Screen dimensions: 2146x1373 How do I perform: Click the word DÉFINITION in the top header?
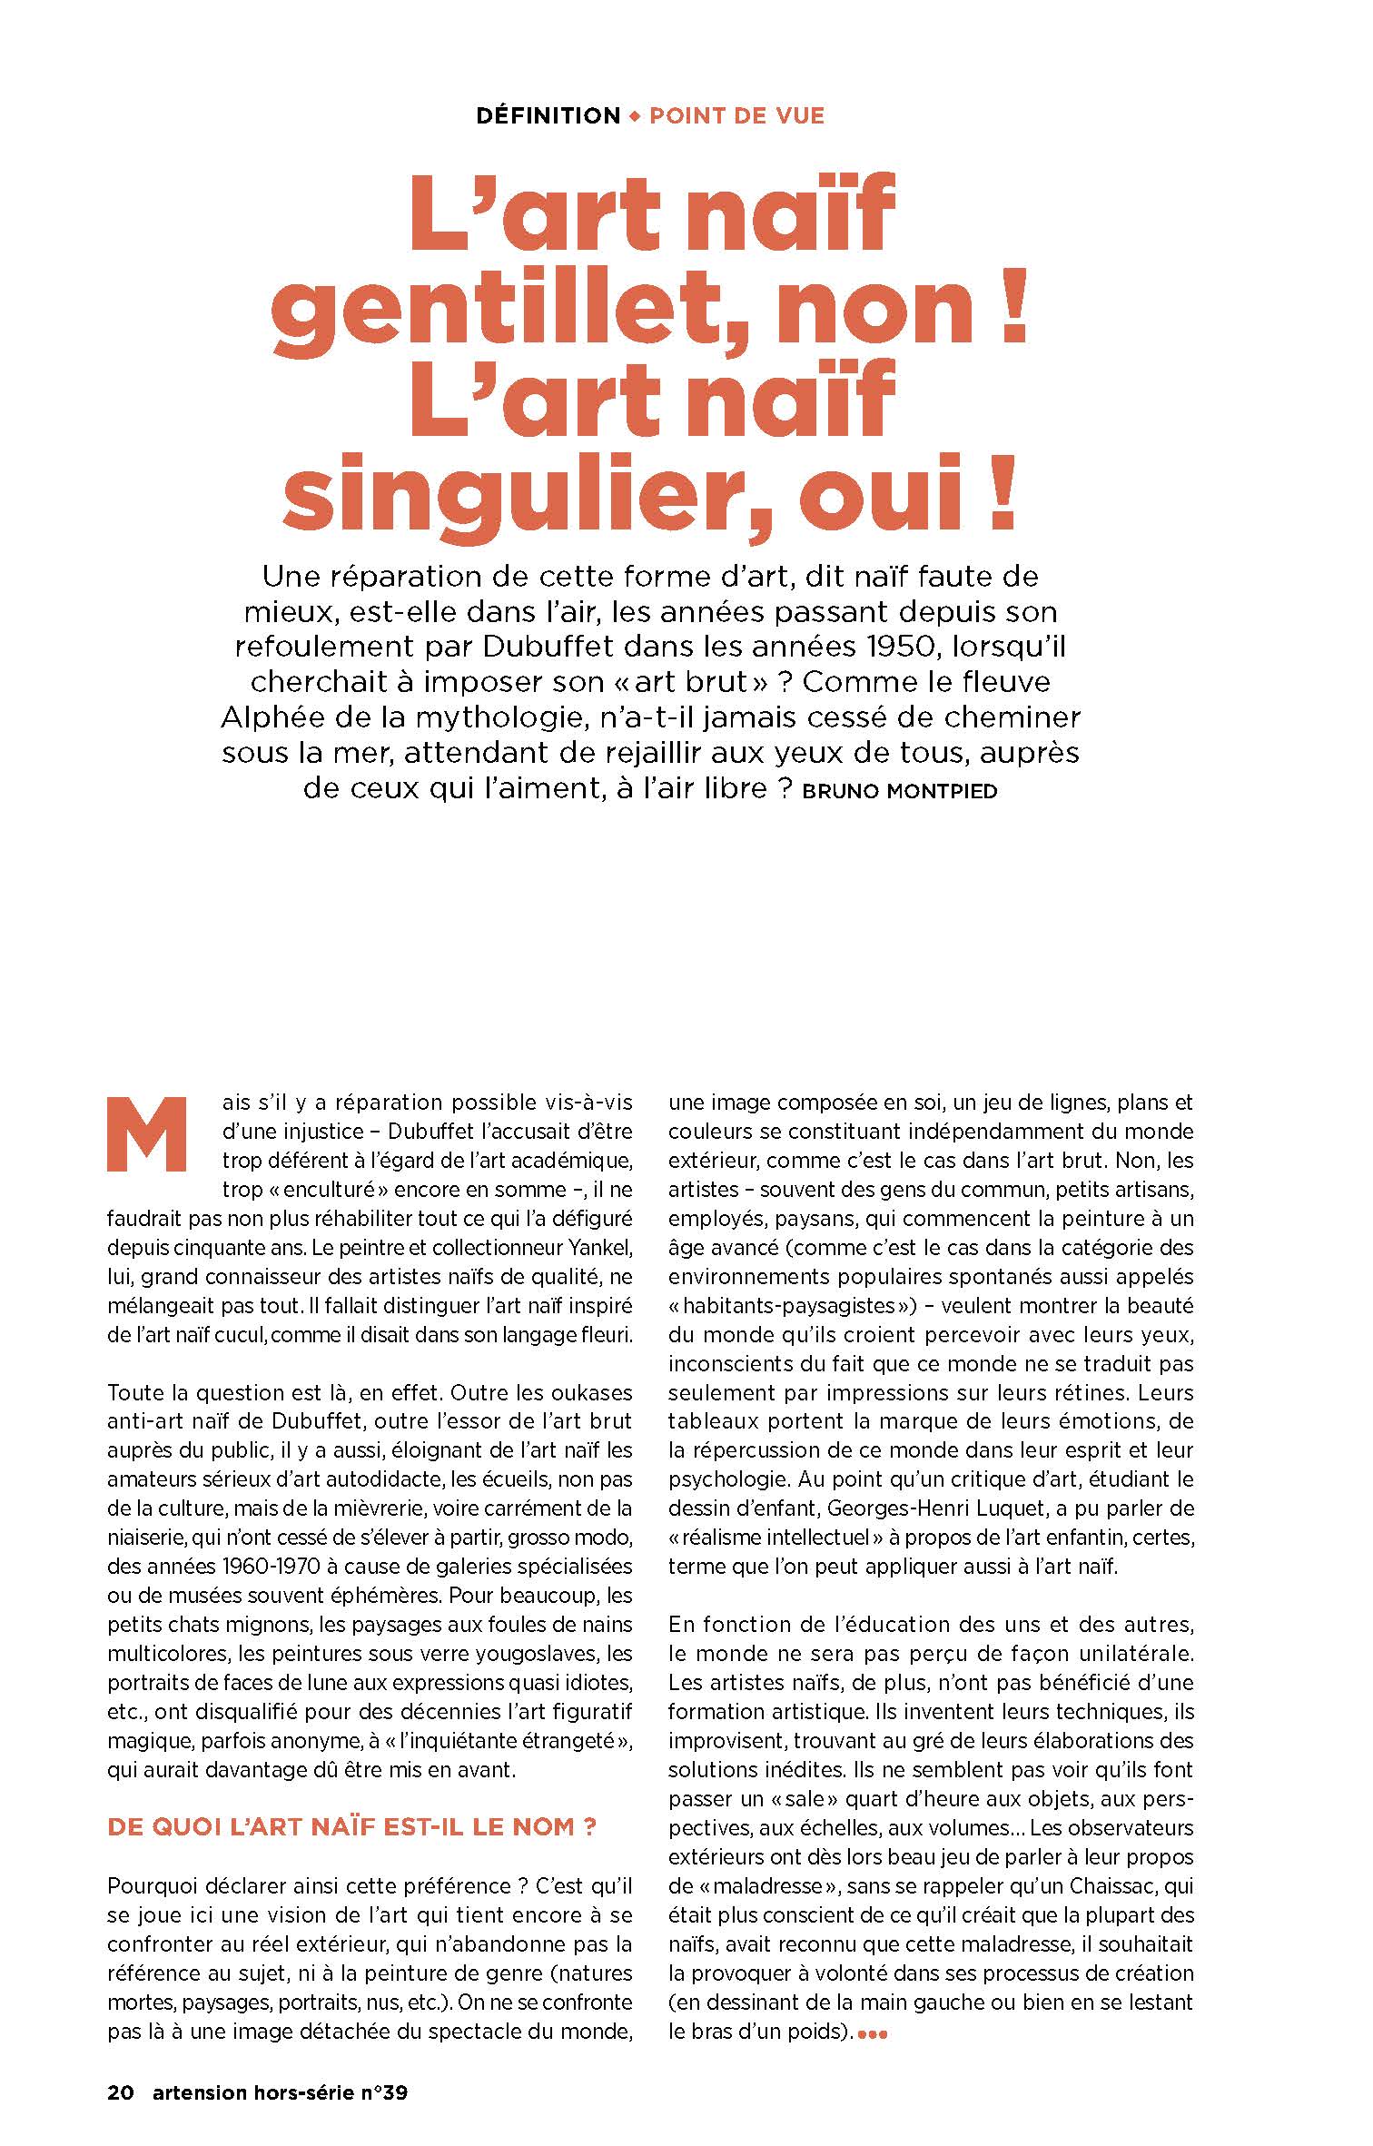(x=548, y=116)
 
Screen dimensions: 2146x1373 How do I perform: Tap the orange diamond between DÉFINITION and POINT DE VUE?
(x=635, y=116)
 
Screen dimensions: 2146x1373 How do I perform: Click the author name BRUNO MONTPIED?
(x=901, y=791)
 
